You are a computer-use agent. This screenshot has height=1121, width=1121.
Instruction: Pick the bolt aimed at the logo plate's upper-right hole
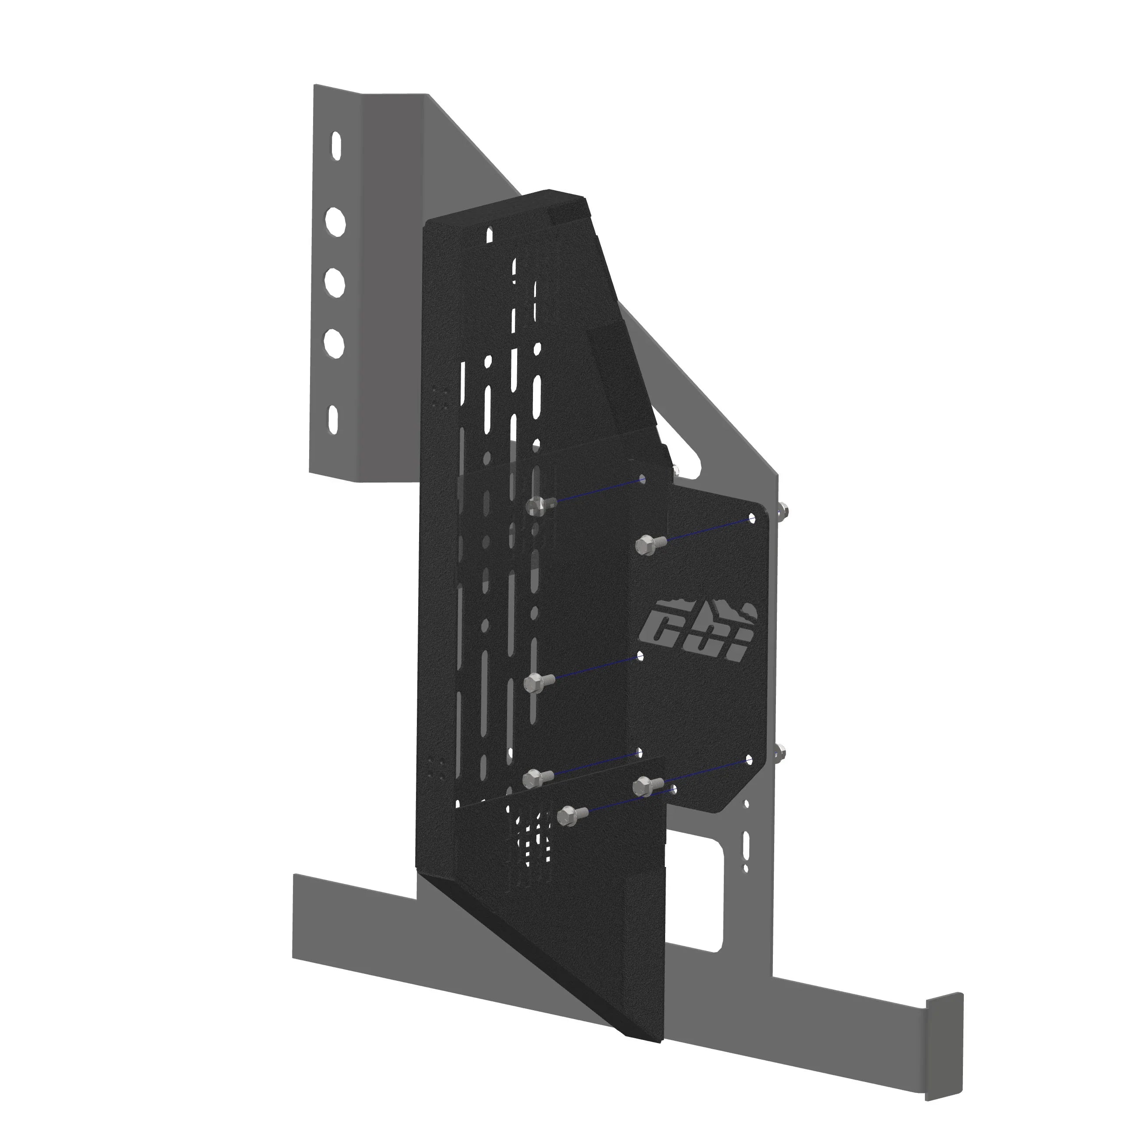pyautogui.click(x=645, y=544)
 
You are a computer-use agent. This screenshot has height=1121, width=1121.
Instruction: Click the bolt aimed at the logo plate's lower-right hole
pyautogui.click(x=642, y=786)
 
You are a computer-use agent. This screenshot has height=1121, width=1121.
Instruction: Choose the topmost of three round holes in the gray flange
pyautogui.click(x=335, y=221)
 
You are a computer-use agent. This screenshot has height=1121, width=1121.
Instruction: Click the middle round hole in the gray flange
pyautogui.click(x=335, y=282)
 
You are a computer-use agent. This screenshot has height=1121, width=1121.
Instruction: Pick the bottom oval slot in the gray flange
pyautogui.click(x=334, y=419)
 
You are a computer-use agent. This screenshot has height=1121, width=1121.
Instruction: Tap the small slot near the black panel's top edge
pyautogui.click(x=490, y=234)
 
